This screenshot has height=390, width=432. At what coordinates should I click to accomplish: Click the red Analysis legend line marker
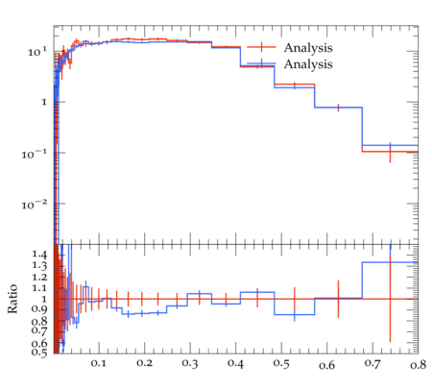[x=261, y=47]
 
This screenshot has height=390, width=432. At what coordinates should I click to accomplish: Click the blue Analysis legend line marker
[x=261, y=63]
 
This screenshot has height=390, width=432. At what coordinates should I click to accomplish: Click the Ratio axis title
[x=12, y=299]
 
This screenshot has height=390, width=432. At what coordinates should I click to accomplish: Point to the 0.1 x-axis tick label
[x=99, y=363]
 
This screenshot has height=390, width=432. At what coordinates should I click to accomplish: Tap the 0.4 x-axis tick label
[x=235, y=363]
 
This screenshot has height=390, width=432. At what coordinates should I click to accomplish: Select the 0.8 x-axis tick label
[x=418, y=365]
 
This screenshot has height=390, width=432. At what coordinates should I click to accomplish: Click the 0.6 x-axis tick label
[x=326, y=365]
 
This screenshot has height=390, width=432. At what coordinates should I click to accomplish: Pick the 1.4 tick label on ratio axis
[x=39, y=255]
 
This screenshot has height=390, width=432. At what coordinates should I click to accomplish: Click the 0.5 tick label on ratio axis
[x=39, y=353]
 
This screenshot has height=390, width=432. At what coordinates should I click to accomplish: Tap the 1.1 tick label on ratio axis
[x=39, y=288]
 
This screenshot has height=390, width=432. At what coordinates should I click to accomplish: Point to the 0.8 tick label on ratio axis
[x=39, y=321]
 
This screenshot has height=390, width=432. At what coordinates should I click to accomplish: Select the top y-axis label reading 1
[x=44, y=103]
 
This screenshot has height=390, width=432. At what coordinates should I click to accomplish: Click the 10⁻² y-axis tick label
[x=35, y=205]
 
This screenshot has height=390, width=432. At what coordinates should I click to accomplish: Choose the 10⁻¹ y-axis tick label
[x=35, y=154]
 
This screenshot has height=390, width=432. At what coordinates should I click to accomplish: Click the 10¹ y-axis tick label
[x=37, y=52]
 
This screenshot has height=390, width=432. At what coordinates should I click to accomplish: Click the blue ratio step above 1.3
[x=390, y=262]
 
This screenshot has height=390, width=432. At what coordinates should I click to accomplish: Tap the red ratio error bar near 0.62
[x=338, y=299]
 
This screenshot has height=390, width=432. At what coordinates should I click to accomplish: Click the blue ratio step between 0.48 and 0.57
[x=295, y=314]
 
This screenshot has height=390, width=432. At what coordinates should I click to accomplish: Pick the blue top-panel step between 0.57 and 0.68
[x=338, y=108]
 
